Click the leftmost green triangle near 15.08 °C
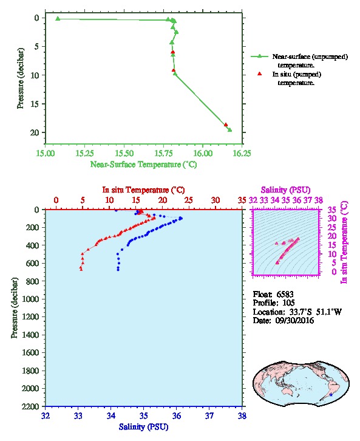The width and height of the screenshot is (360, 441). click(58, 19)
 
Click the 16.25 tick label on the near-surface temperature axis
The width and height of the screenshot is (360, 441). click(242, 153)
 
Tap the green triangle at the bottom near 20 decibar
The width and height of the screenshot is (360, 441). click(229, 129)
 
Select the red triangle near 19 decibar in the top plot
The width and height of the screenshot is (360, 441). click(226, 125)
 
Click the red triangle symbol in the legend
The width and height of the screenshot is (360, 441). click(259, 73)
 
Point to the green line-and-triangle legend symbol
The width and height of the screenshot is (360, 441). click(259, 56)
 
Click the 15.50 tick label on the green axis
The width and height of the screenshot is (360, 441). click(124, 153)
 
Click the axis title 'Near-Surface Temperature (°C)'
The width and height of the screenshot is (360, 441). click(143, 164)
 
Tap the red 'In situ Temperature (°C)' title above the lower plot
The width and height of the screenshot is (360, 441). click(143, 190)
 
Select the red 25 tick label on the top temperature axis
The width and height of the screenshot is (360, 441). click(189, 200)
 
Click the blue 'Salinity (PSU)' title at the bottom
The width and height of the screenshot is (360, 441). click(143, 426)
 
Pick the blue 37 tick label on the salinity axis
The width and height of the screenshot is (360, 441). click(209, 415)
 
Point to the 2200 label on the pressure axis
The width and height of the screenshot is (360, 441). click(30, 406)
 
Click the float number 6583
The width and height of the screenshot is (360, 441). click(285, 294)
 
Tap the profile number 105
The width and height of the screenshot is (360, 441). click(288, 303)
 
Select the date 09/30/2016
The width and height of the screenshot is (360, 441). click(294, 320)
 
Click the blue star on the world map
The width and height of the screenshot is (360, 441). click(331, 395)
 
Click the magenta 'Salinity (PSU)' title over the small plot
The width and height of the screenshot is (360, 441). click(285, 190)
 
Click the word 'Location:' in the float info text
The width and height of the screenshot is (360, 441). click(269, 312)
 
